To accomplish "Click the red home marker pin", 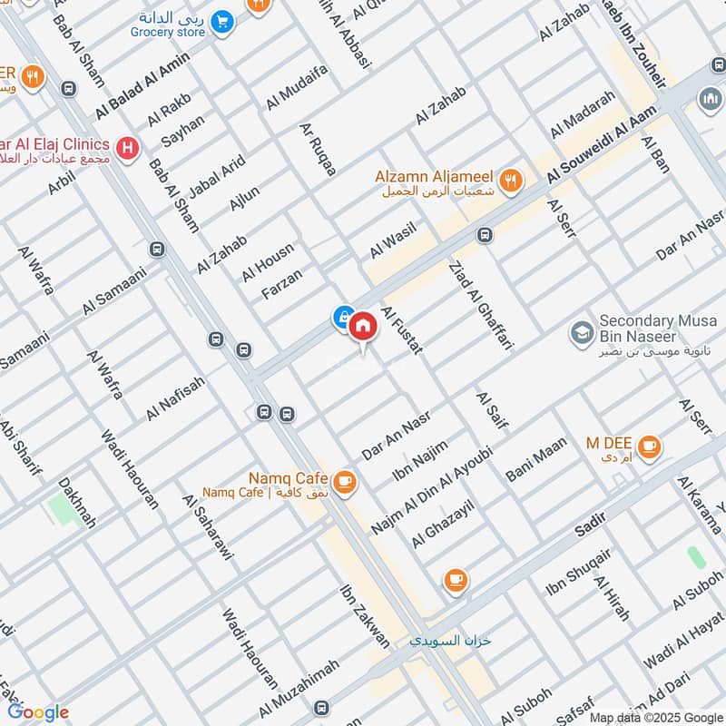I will (363, 326).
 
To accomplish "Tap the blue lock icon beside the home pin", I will (343, 317).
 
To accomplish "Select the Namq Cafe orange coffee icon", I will (343, 483).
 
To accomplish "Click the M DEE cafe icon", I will (648, 446).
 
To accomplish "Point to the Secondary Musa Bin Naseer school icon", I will (578, 333).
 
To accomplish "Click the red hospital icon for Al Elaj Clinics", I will (128, 145).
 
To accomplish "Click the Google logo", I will (38, 712).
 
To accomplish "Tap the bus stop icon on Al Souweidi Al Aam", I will (485, 235).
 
